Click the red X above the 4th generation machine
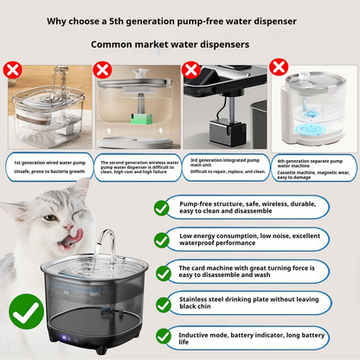click(x=279, y=67)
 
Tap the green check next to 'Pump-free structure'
click(x=161, y=208)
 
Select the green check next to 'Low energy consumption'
click(x=161, y=240)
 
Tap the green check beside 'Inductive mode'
click(x=161, y=337)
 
